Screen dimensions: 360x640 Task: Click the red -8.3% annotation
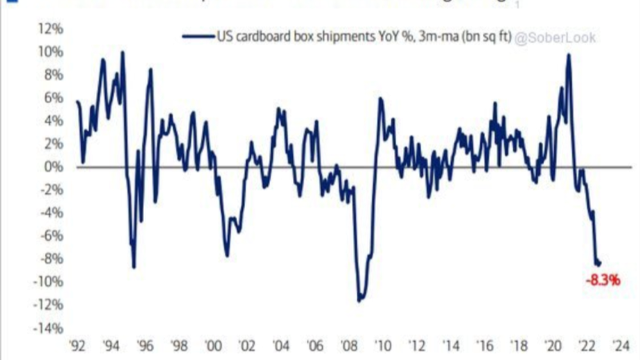point(603,280)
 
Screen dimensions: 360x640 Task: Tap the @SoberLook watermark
point(555,38)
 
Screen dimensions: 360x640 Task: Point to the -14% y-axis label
point(48,328)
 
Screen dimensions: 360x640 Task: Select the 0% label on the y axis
point(53,167)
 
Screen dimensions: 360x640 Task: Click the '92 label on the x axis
point(78,346)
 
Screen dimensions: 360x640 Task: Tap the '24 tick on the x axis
point(619,346)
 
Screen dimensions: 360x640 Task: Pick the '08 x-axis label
point(348,346)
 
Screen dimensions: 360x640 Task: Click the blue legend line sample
point(198,36)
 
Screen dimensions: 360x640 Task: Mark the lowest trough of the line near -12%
point(359,301)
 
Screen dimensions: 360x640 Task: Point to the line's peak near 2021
point(568,54)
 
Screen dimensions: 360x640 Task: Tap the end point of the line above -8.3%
point(599,263)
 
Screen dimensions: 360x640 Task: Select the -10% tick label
point(48,282)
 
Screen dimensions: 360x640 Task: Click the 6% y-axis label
point(53,98)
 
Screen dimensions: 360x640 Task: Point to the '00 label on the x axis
point(213,346)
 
